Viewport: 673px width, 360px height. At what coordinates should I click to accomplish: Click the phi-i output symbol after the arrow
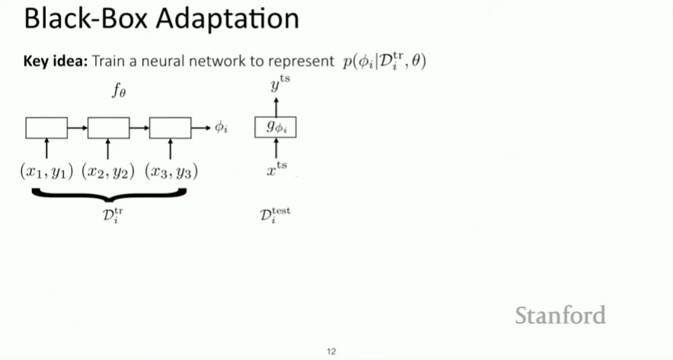point(221,128)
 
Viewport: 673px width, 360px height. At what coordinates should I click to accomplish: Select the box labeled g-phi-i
point(275,128)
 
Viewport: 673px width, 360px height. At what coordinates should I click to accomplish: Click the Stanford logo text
point(560,315)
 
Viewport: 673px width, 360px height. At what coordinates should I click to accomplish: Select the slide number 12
point(331,351)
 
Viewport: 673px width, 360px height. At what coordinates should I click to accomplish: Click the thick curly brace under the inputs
point(108,193)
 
